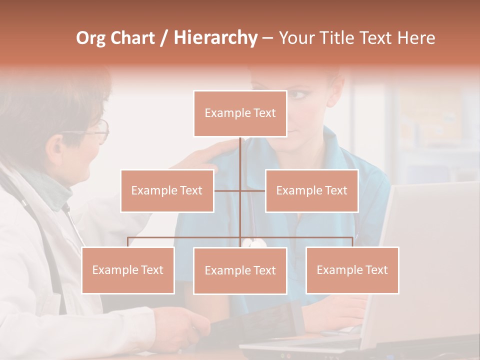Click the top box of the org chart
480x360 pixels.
click(240, 113)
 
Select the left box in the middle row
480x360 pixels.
click(167, 190)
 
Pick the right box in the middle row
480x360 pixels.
click(311, 190)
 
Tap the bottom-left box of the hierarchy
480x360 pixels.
click(128, 270)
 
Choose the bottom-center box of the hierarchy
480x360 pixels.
click(240, 270)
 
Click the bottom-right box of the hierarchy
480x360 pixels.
click(352, 270)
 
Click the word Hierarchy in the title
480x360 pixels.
click(215, 38)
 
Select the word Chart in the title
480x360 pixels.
click(132, 38)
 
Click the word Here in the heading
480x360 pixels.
click(416, 38)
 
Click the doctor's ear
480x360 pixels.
click(53, 145)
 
